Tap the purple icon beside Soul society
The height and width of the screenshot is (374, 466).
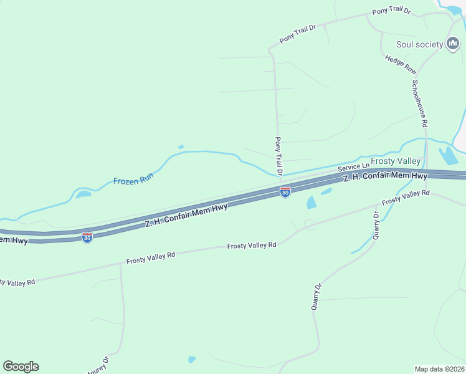(x=453, y=44)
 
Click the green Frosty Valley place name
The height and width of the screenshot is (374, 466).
(x=396, y=161)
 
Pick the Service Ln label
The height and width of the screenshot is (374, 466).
(x=353, y=168)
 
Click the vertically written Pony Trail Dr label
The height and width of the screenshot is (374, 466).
(x=278, y=156)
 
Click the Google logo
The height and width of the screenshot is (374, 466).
(x=21, y=367)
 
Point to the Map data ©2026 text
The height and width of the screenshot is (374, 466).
(x=439, y=369)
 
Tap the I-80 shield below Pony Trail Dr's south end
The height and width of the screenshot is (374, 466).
(x=285, y=192)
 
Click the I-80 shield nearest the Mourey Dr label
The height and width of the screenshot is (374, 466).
(x=87, y=237)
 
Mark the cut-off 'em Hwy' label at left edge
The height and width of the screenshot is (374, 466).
(x=13, y=239)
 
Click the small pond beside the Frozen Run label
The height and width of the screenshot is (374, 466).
(x=83, y=194)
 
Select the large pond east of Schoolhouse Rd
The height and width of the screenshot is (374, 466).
(x=448, y=155)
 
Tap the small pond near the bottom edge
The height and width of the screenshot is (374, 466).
(x=192, y=359)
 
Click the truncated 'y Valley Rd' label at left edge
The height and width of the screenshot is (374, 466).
(x=17, y=282)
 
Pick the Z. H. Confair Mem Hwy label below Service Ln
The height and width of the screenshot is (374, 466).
(x=385, y=177)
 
